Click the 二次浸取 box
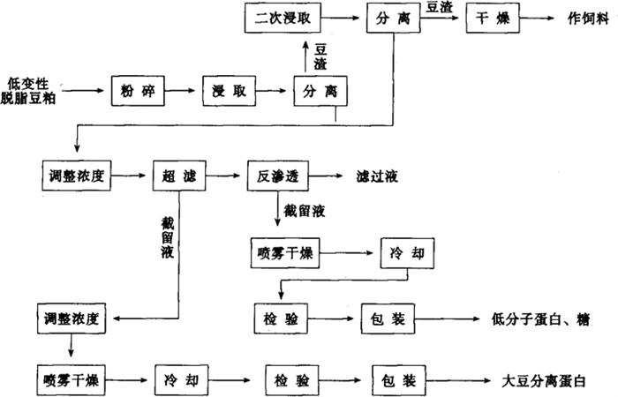(275, 17)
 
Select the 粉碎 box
(137, 89)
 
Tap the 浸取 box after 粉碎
(226, 89)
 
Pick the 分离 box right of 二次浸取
(386, 17)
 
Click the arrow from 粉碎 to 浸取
(183, 89)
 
